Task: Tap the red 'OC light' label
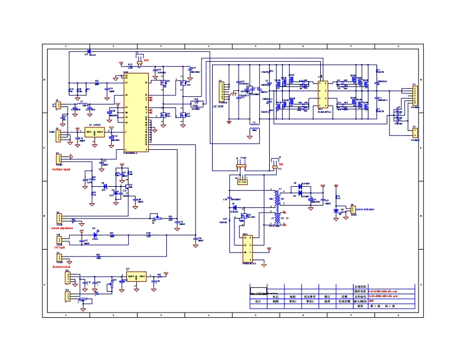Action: point(59,248)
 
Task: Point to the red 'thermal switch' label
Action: point(62,267)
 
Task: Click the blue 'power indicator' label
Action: point(365,209)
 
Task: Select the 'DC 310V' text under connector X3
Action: point(219,107)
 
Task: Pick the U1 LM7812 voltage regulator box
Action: point(95,132)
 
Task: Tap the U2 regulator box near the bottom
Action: point(138,275)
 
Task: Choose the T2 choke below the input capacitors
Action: point(254,129)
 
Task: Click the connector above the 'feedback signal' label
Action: point(58,159)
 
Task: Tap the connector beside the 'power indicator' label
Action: point(353,210)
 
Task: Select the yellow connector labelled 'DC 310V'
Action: point(222,92)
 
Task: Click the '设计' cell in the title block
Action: point(257,301)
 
